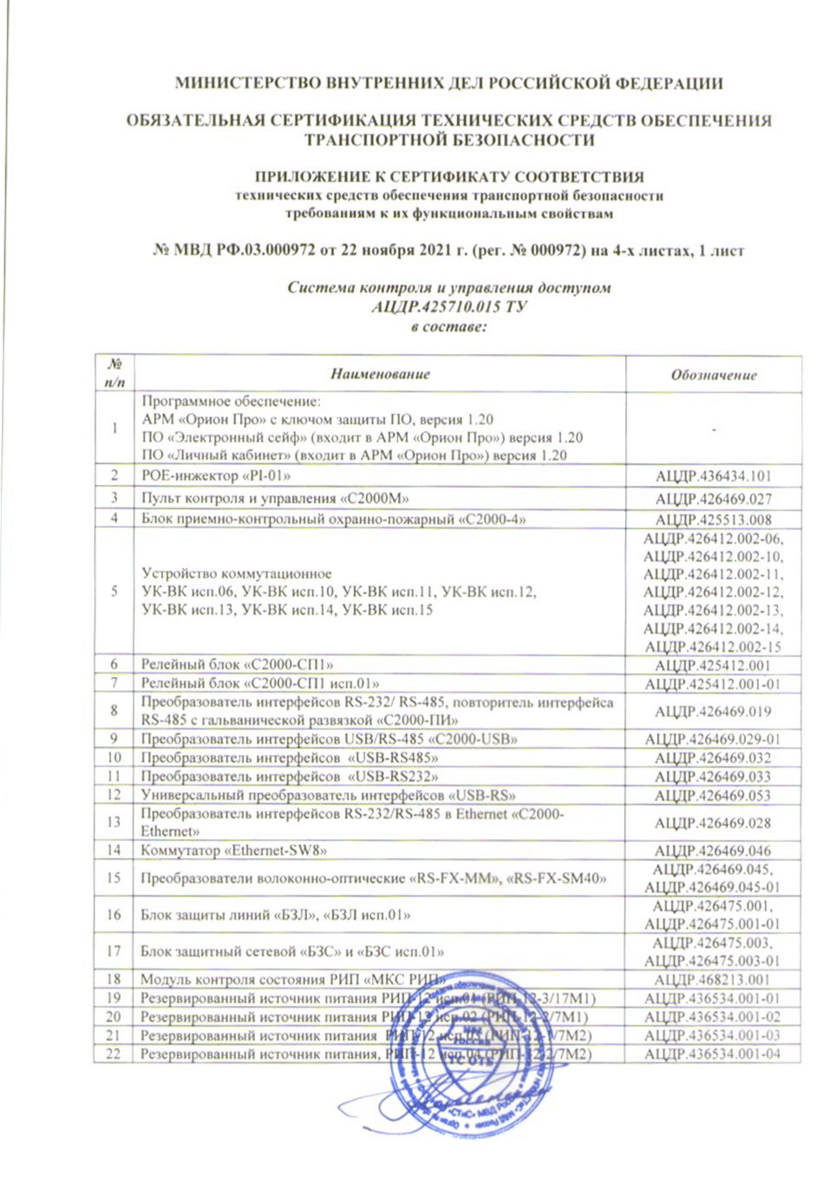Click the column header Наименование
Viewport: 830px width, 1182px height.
[x=380, y=374]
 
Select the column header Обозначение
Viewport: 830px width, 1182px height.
[x=714, y=375]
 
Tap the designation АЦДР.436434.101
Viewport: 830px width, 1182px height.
[x=714, y=476]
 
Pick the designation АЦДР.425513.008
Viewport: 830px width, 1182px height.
[x=714, y=519]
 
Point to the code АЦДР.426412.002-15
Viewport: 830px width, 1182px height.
[x=714, y=647]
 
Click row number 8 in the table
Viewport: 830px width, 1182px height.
[x=114, y=710]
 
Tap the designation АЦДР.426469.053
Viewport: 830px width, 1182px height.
[x=714, y=795]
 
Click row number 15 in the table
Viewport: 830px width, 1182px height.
[x=114, y=878]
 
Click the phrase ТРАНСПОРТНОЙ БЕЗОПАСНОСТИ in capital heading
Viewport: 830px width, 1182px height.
[x=449, y=140]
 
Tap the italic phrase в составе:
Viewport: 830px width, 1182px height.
[x=449, y=326]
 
